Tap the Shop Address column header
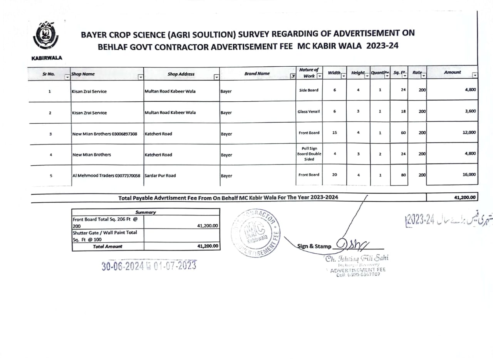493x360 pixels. coord(181,74)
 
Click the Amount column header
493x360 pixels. coord(452,72)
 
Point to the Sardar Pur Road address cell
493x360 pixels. coord(160,175)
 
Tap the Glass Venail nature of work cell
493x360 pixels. coord(309,111)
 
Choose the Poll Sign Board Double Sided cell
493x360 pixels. coord(309,153)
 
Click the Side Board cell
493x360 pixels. coord(309,90)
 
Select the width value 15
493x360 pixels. coord(334,133)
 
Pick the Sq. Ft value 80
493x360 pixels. coord(404,175)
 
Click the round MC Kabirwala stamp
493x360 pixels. coord(255,234)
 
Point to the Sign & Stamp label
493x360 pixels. coord(314,246)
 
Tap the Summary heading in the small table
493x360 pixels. coord(145,212)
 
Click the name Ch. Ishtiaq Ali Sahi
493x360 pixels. coord(357,259)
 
